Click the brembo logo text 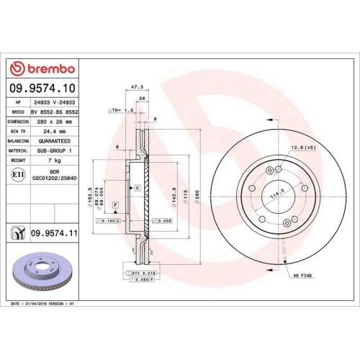coord(48,68)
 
